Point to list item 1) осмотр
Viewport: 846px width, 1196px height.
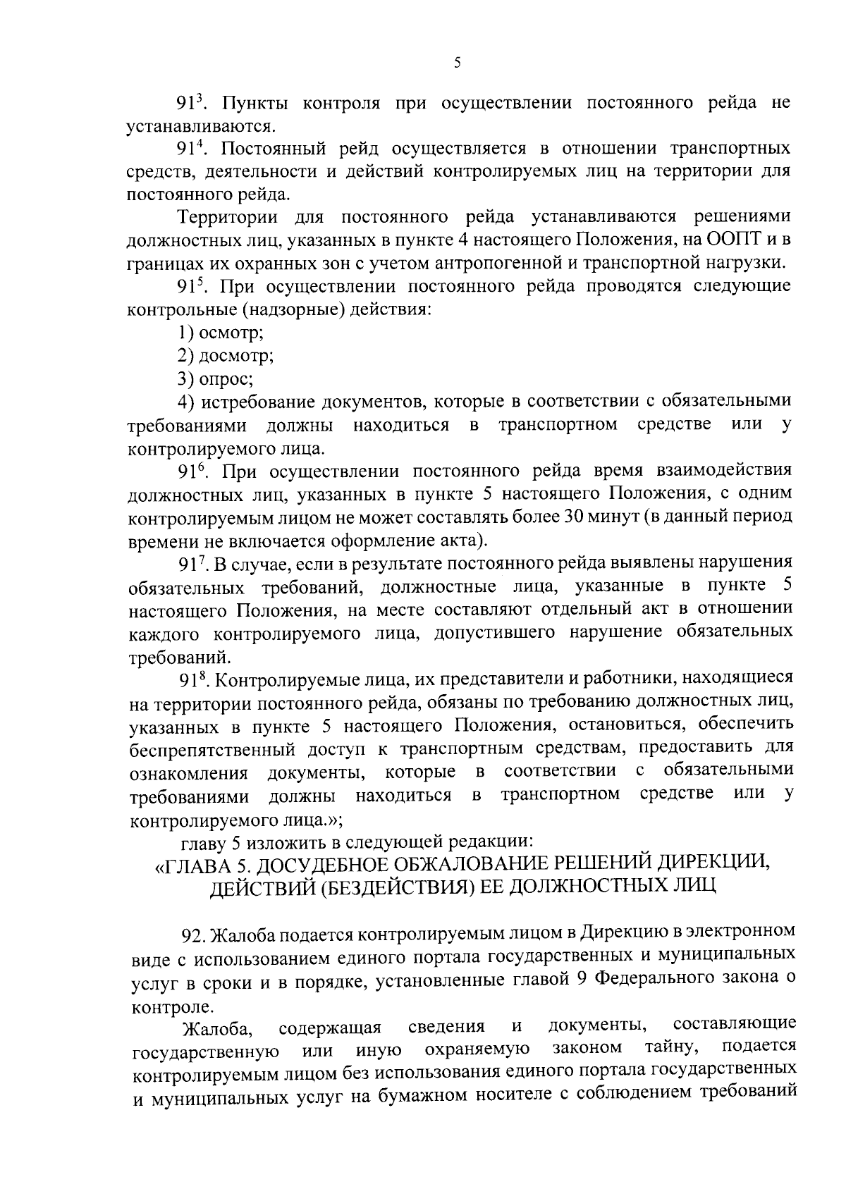[221, 332]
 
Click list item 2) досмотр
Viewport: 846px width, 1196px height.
[226, 355]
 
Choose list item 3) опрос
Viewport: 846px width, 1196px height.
[216, 378]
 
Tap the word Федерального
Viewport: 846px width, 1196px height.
[655, 979]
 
